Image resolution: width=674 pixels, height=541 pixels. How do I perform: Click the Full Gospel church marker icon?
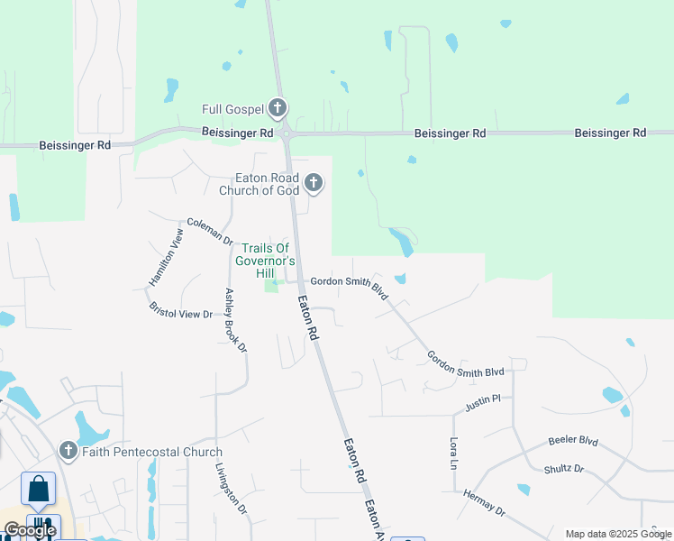click(x=278, y=109)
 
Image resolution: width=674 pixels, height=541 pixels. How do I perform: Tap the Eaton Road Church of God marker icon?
click(x=314, y=184)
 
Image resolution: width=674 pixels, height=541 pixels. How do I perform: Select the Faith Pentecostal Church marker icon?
click(x=68, y=451)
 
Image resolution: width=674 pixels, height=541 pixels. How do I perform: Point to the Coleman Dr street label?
click(x=210, y=231)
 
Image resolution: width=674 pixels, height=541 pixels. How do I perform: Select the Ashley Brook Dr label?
click(x=235, y=321)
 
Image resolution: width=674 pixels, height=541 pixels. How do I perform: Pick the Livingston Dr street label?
click(x=232, y=490)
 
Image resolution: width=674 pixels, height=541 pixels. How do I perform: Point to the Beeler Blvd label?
click(x=573, y=442)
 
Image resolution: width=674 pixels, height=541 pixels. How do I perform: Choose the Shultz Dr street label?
click(x=564, y=469)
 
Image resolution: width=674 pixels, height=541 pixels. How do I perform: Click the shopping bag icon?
click(x=39, y=489)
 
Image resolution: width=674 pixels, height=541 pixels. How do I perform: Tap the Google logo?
click(x=29, y=530)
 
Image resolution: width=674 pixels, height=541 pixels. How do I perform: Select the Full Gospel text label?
click(x=232, y=110)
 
